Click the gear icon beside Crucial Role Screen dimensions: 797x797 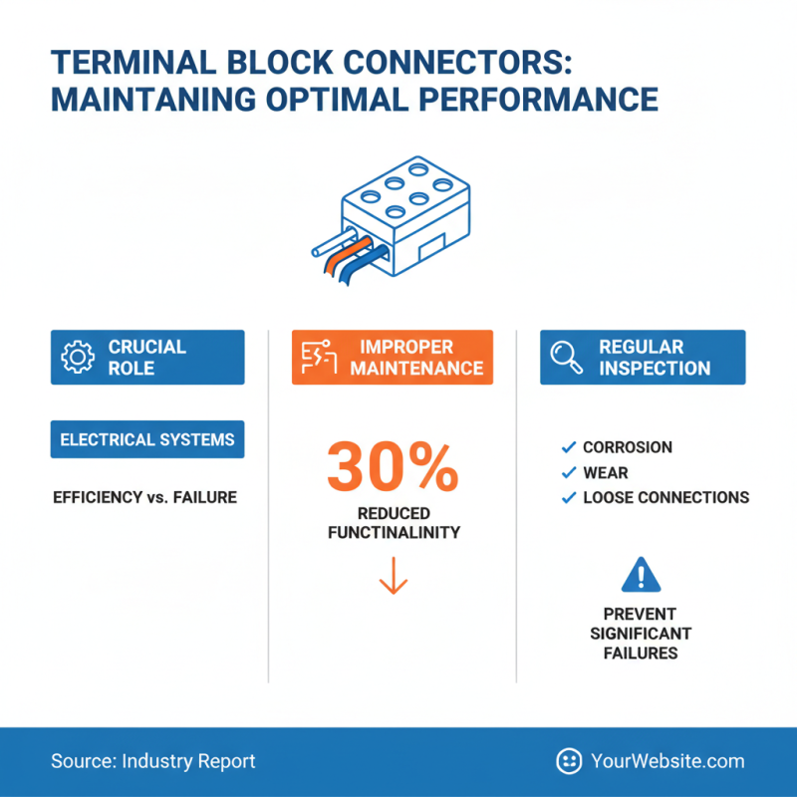77,357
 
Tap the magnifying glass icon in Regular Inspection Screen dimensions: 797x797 566,357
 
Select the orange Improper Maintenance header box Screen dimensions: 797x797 393,357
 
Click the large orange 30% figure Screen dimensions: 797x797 393,466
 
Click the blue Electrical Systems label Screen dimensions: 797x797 147,439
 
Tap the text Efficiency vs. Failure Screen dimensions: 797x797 144,496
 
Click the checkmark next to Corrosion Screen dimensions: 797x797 569,447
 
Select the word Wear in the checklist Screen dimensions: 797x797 606,472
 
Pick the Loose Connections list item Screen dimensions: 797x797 665,497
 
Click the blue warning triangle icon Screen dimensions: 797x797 640,576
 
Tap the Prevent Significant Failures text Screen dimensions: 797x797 640,634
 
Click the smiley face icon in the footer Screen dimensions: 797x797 569,761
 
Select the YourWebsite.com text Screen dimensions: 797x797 666,761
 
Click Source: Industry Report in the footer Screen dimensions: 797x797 153,761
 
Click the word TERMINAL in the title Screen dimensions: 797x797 128,63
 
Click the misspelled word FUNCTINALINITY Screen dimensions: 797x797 394,532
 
